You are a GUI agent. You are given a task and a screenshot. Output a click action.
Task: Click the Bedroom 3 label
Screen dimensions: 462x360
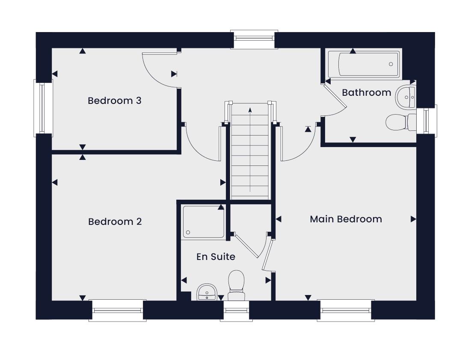[115, 101]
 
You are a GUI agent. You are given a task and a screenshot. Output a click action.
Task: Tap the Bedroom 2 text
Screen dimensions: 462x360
[115, 221]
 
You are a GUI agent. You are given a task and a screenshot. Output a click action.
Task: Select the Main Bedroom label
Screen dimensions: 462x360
[346, 219]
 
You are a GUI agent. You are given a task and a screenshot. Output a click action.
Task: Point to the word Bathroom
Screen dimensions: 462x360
[367, 92]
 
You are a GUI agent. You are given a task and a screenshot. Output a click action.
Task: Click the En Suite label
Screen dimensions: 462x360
[216, 257]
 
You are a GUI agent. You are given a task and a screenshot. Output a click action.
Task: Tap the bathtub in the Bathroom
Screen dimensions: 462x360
[364, 65]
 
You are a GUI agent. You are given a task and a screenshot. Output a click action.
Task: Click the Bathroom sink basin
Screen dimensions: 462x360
[406, 96]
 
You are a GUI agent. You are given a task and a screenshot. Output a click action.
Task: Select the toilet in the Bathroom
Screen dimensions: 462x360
[401, 122]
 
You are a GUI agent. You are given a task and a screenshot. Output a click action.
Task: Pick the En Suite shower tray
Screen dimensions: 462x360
[203, 221]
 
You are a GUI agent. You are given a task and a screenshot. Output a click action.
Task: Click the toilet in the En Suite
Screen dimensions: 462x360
[236, 285]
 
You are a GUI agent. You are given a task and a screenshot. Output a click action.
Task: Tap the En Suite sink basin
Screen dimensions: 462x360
[207, 292]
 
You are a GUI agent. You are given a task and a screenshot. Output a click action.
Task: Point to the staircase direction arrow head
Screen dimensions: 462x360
[250, 110]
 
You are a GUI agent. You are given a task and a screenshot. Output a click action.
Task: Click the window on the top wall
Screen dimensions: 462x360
[254, 39]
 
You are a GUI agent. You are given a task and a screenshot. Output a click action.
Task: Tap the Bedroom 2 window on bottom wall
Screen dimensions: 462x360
[118, 310]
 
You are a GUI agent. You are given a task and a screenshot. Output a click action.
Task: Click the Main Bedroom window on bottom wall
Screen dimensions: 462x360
[346, 310]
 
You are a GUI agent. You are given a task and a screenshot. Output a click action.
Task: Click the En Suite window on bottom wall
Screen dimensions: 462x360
[236, 311]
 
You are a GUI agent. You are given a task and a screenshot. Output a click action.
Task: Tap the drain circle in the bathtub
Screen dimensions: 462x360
[391, 64]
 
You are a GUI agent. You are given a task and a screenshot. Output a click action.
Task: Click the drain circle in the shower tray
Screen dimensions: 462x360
[188, 233]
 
